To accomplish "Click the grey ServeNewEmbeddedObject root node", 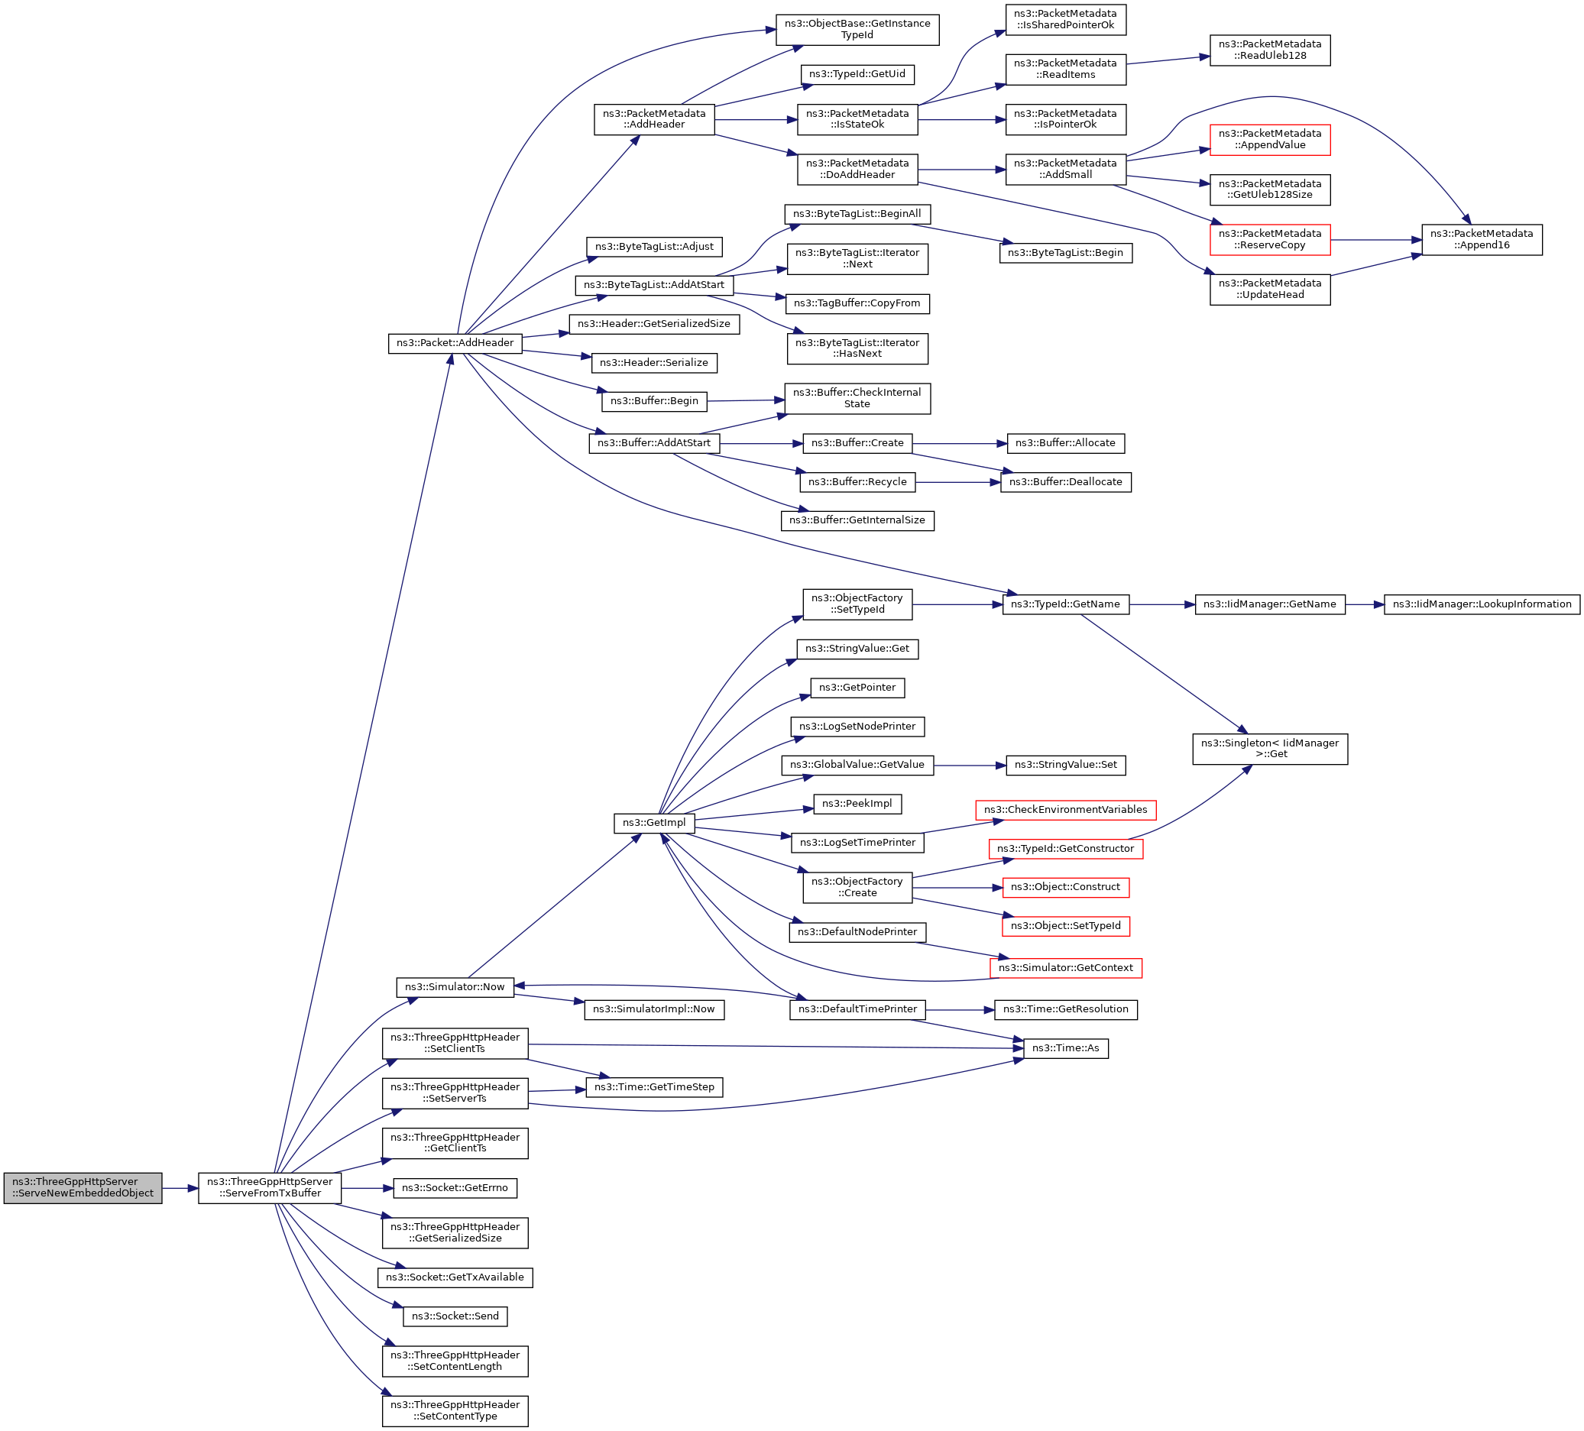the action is tap(83, 1187).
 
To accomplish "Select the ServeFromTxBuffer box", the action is tap(270, 1187).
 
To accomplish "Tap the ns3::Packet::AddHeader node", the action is tap(455, 343).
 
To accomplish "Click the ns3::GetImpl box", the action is tap(654, 823).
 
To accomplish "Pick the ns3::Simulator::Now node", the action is tap(455, 987).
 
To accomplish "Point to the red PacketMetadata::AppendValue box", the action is tap(1270, 140).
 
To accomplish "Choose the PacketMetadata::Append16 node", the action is tap(1482, 240).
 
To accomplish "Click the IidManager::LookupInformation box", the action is tap(1482, 604).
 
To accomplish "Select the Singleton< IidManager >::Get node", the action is tap(1270, 749).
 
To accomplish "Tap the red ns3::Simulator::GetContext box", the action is tap(1065, 968).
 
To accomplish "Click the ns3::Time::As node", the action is tap(1065, 1048).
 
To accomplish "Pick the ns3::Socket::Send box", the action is tap(455, 1316).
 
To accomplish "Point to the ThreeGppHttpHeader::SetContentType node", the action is tap(455, 1410).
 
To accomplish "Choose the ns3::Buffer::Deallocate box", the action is tap(1065, 482).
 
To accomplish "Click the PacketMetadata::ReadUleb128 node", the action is tap(1270, 50).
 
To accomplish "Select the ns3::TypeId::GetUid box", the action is tap(857, 75).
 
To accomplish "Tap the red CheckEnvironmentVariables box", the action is tap(1065, 810).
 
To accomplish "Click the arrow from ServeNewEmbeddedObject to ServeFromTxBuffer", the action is tap(180, 1188).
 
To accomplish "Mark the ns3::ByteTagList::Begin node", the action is tap(1065, 253).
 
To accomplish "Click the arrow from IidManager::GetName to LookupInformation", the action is tap(1365, 604).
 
